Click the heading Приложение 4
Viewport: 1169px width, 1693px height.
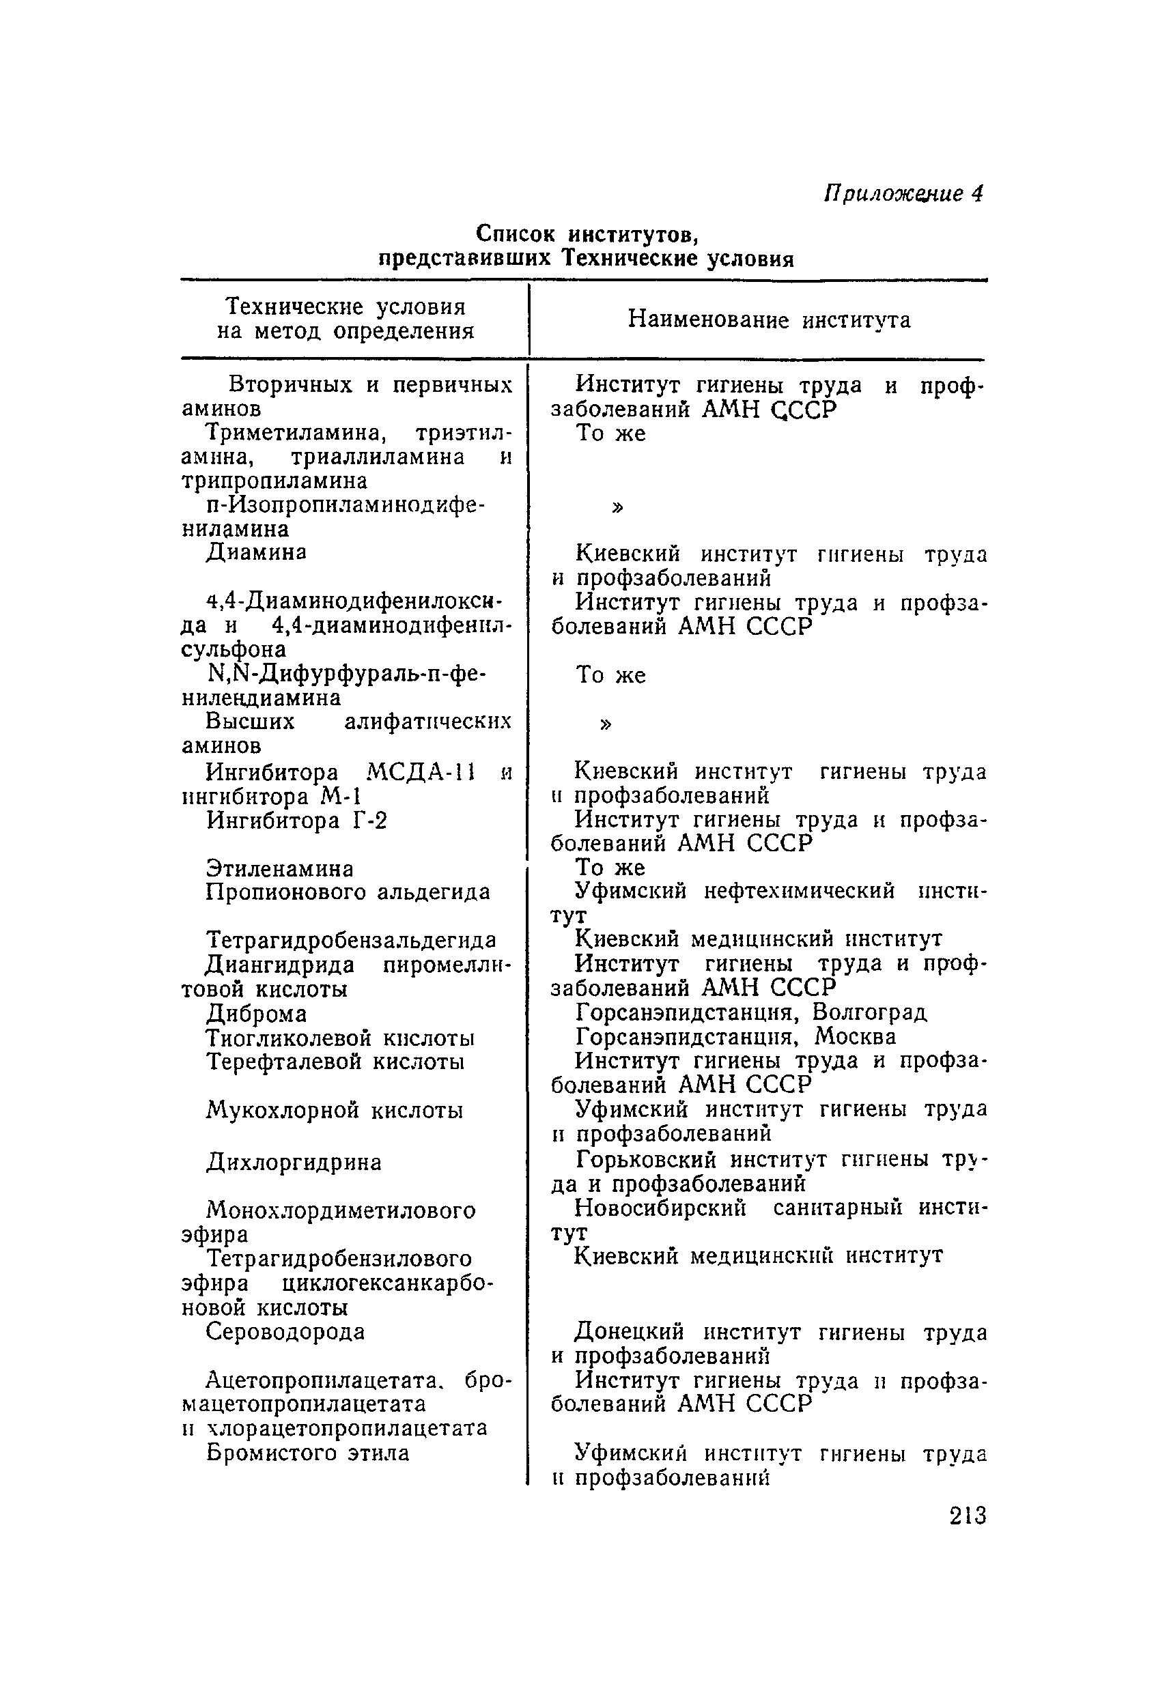click(903, 193)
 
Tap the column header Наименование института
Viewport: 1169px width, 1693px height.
click(769, 320)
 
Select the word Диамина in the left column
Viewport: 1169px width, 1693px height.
click(255, 552)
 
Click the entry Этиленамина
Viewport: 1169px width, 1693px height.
click(280, 869)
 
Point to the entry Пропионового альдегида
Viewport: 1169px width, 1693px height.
click(348, 893)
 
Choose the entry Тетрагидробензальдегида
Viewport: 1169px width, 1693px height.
click(351, 939)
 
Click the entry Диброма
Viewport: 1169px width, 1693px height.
click(256, 1014)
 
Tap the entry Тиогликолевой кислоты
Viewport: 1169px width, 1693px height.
click(340, 1038)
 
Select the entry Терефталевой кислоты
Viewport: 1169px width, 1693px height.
click(335, 1062)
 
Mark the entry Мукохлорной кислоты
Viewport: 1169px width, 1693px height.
click(334, 1111)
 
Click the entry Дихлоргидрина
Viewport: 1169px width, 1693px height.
click(293, 1162)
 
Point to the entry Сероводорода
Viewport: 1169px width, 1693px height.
click(285, 1331)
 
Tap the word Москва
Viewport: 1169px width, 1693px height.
click(856, 1037)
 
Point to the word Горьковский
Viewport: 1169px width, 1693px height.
click(645, 1160)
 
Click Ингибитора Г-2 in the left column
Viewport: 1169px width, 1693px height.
click(296, 821)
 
